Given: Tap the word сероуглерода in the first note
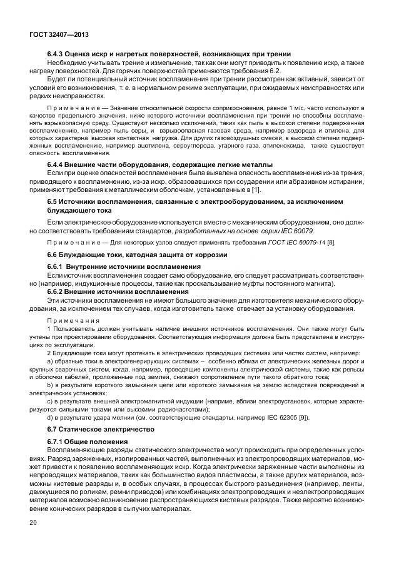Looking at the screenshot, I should (x=171, y=146).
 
